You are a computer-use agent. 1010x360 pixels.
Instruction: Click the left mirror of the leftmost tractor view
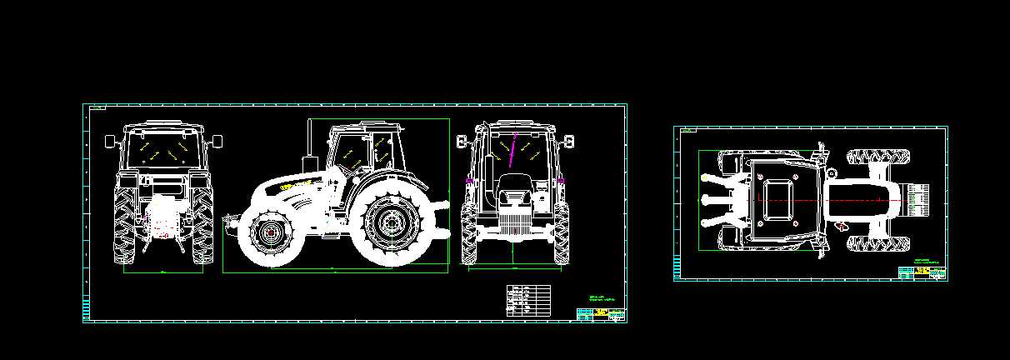click(x=109, y=142)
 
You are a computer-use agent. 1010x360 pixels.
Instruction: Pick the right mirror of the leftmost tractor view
click(x=217, y=142)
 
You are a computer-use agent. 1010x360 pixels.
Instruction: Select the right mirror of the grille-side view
click(x=570, y=141)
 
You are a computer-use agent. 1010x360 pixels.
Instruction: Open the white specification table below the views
click(x=528, y=300)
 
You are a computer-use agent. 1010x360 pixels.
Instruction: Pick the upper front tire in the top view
click(x=879, y=156)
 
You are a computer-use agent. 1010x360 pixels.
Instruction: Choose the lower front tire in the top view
click(x=879, y=243)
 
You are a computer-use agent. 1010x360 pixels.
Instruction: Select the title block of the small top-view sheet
click(x=922, y=272)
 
